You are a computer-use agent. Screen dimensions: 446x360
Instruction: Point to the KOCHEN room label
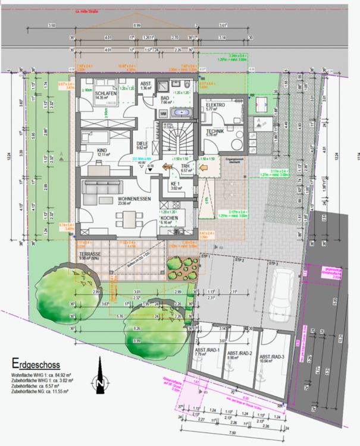169,218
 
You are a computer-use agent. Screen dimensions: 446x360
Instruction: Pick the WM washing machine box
146,113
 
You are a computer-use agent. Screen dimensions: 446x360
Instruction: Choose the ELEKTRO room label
215,105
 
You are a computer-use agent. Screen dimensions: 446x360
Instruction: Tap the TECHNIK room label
214,131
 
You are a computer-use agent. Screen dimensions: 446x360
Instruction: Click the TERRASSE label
89,254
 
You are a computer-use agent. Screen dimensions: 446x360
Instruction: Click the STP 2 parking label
240,260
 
